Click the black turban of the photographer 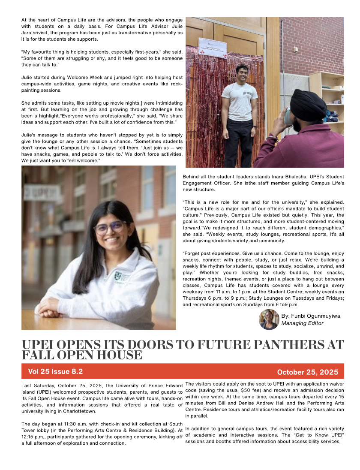(x=308, y=105)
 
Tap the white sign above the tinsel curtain (x=213, y=47)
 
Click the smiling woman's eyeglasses (x=109, y=227)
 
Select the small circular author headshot (x=269, y=319)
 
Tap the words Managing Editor (x=302, y=323)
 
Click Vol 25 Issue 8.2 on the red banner (x=55, y=371)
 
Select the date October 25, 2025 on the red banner (x=307, y=372)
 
